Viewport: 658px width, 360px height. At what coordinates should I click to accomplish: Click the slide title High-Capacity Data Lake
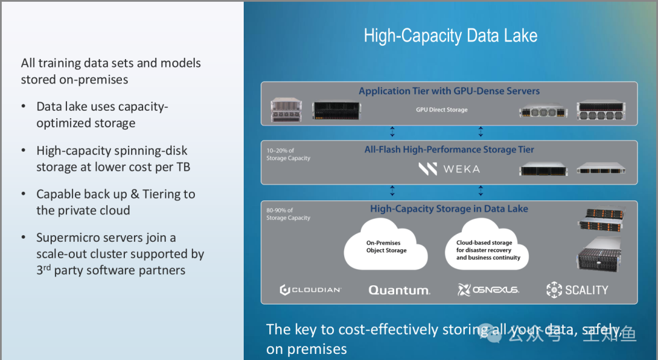pyautogui.click(x=450, y=36)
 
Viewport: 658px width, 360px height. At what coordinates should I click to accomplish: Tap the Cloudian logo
pyautogui.click(x=311, y=289)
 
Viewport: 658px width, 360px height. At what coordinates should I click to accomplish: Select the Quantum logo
pyautogui.click(x=399, y=290)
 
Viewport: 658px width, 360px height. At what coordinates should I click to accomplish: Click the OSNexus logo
pyautogui.click(x=489, y=289)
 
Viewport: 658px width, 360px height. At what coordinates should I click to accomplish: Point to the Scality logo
pyautogui.click(x=578, y=290)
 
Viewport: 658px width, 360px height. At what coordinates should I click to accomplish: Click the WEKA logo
pyautogui.click(x=450, y=169)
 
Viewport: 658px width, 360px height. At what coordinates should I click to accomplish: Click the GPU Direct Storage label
pyautogui.click(x=442, y=110)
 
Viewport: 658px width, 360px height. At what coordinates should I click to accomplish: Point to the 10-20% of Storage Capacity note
pyautogui.click(x=288, y=154)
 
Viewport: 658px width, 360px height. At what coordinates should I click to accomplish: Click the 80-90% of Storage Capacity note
pyautogui.click(x=288, y=214)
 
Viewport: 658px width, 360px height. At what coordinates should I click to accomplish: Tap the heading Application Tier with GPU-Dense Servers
pyautogui.click(x=449, y=91)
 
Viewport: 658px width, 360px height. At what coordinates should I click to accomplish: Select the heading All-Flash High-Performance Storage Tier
pyautogui.click(x=449, y=149)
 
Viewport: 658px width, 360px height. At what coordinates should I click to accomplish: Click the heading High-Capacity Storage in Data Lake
pyautogui.click(x=449, y=208)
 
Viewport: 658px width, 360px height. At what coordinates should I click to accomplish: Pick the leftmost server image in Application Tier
pyautogui.click(x=286, y=110)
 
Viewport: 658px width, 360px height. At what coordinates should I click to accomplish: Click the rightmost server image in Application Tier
pyautogui.click(x=601, y=111)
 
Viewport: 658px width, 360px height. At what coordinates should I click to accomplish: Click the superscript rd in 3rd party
pyautogui.click(x=47, y=267)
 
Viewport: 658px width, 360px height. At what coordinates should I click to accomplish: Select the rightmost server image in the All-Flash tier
pyautogui.click(x=601, y=169)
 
